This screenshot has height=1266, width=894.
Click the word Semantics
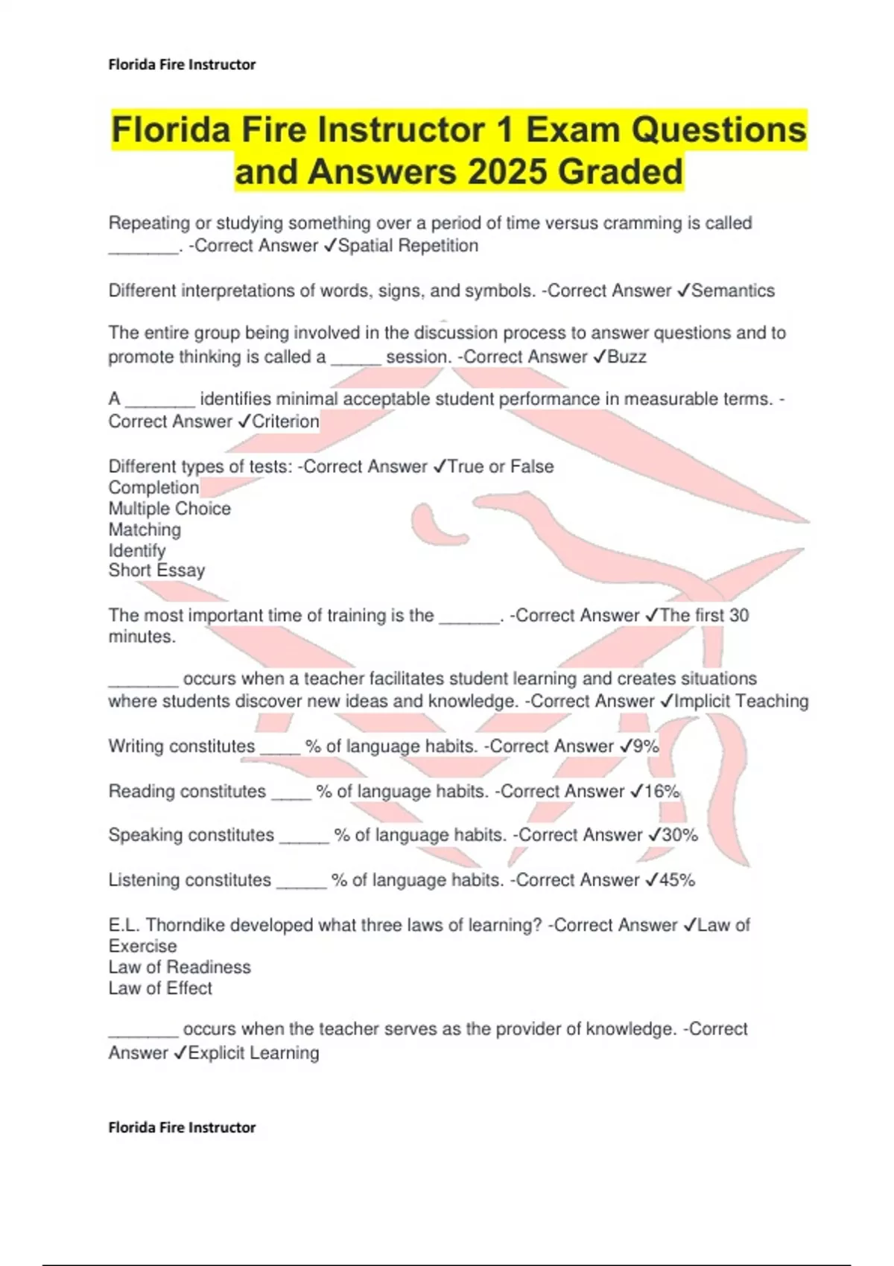point(733,290)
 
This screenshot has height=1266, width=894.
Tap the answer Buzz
point(627,357)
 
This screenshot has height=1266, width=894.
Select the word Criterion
point(285,422)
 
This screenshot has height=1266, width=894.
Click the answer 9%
point(645,746)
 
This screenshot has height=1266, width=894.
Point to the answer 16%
point(662,791)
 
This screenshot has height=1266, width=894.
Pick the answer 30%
point(679,835)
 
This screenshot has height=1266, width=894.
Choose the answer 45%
point(676,879)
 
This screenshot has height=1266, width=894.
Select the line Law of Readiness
point(180,967)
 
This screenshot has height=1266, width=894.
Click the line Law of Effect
point(160,988)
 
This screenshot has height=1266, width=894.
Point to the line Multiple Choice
point(170,509)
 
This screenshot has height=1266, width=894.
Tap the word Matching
point(145,529)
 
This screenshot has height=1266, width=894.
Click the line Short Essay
point(156,570)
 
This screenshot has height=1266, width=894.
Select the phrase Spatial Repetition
point(408,246)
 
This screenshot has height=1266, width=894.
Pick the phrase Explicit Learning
point(253,1053)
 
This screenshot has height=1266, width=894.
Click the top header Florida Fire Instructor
point(182,65)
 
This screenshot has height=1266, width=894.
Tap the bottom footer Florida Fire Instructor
point(182,1127)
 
